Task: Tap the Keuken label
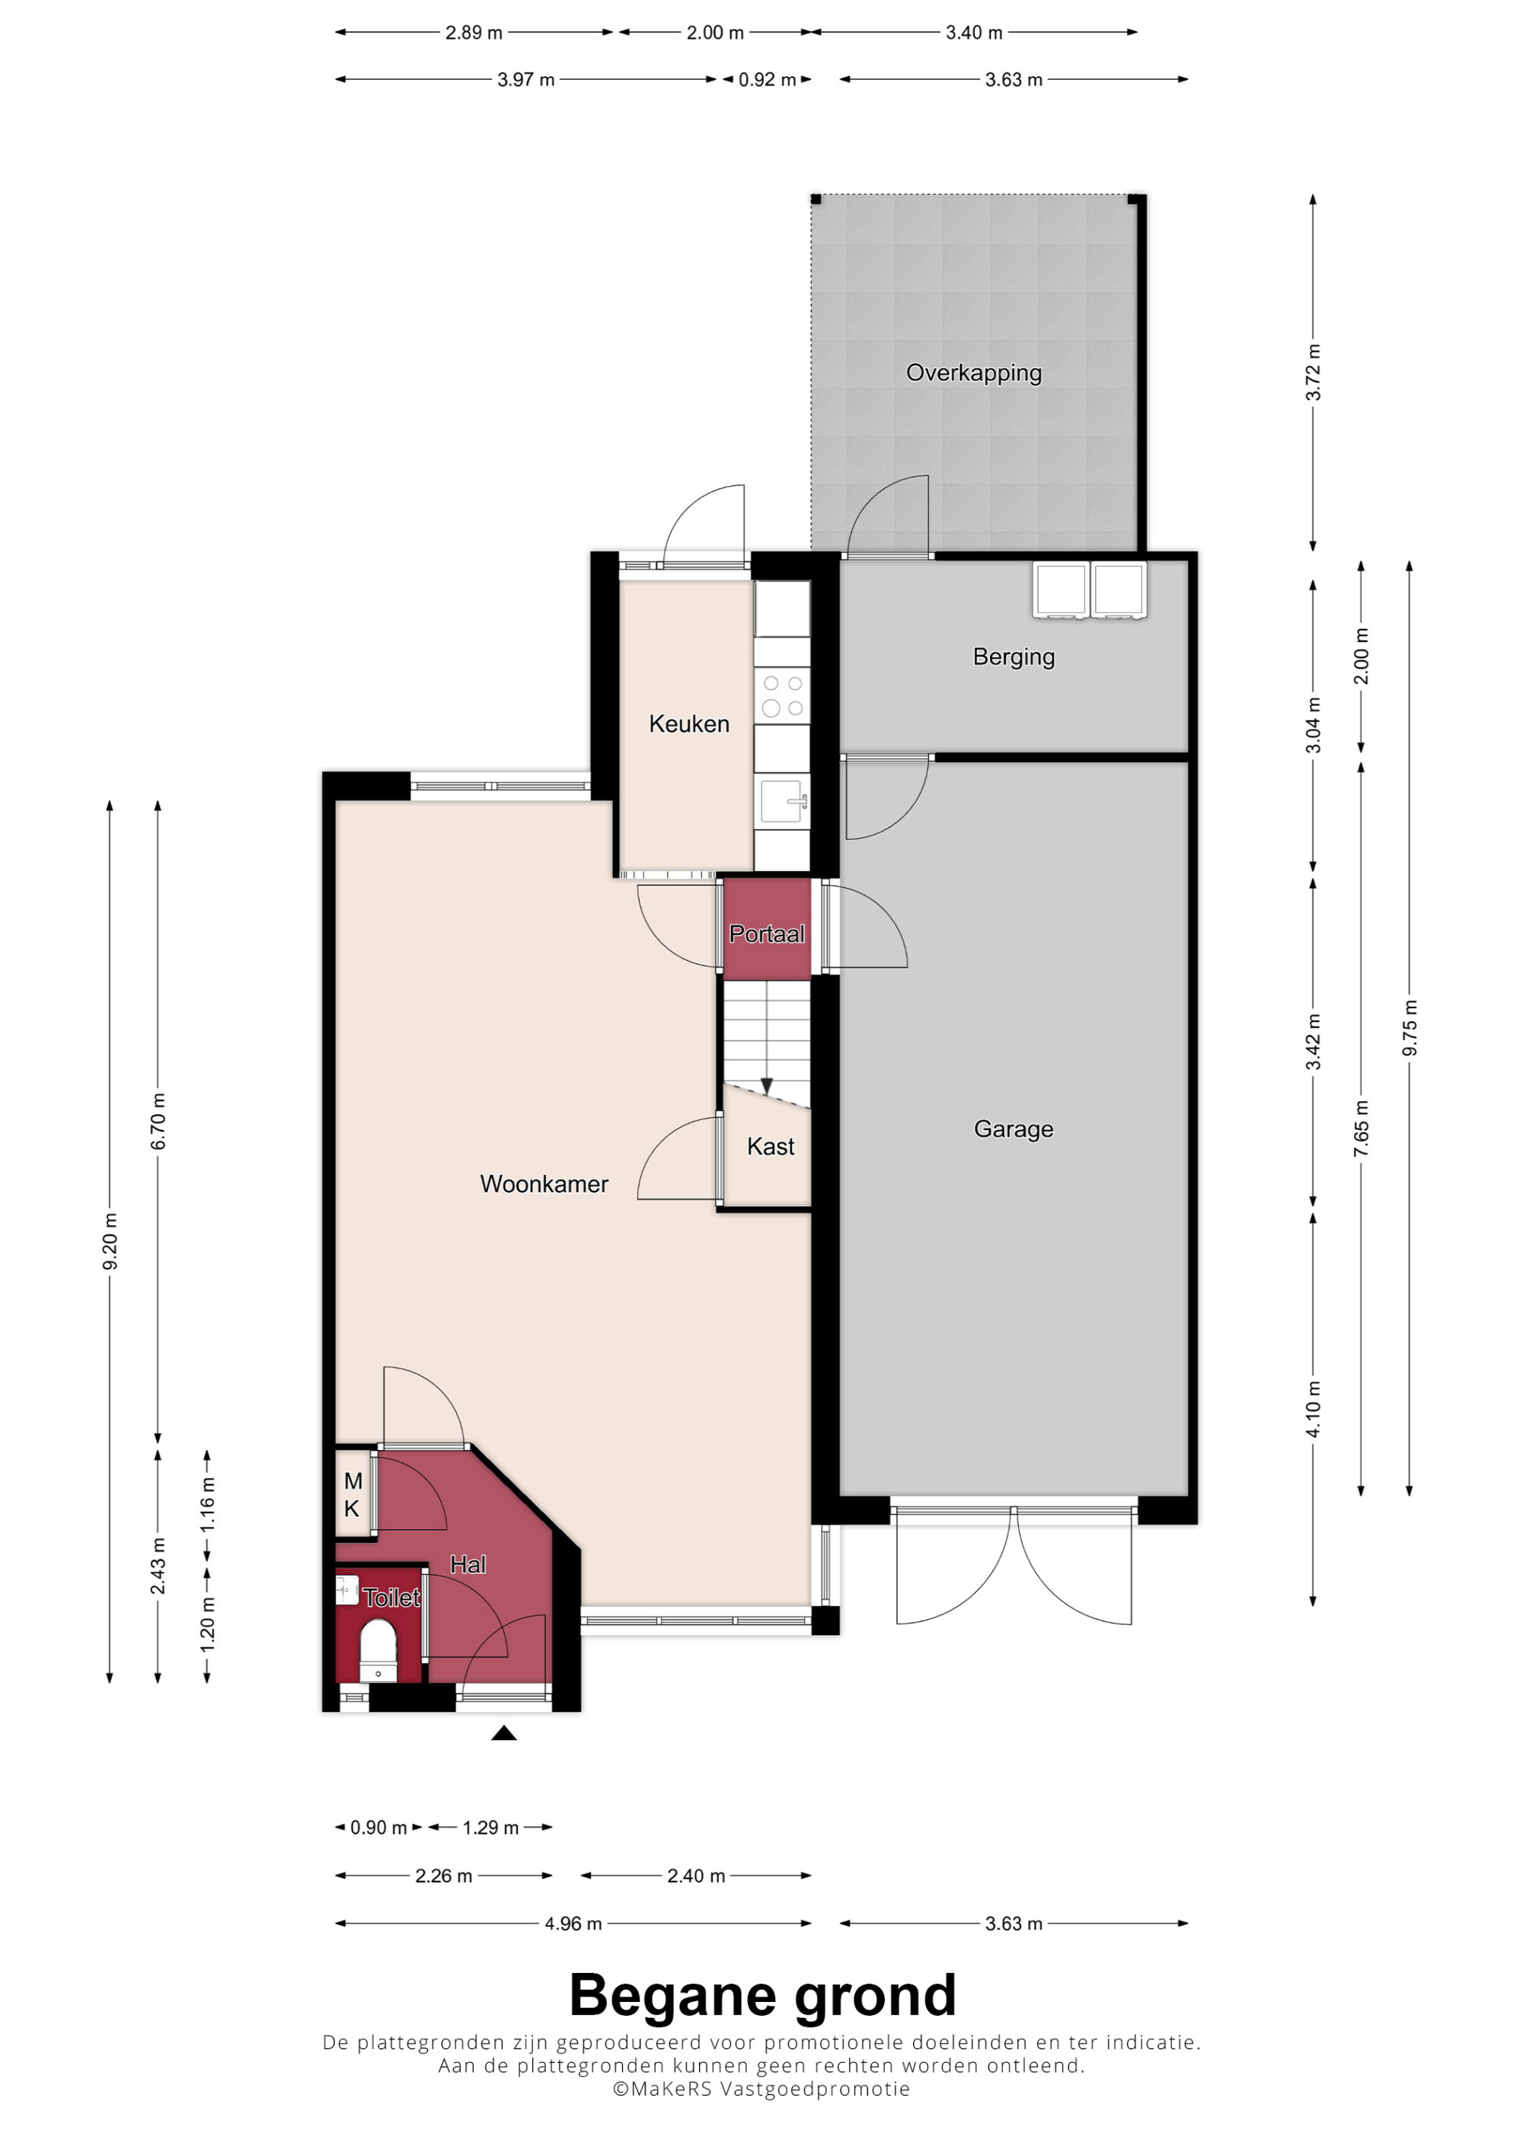[688, 723]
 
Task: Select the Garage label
[1014, 1129]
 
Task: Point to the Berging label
[1014, 657]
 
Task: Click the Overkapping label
[974, 374]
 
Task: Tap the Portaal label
[767, 934]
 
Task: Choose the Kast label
[771, 1146]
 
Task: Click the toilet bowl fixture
[378, 1650]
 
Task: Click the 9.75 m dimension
[1410, 1029]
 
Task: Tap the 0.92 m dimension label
[767, 80]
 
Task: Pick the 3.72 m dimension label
[1313, 372]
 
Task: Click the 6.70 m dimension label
[158, 1121]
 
